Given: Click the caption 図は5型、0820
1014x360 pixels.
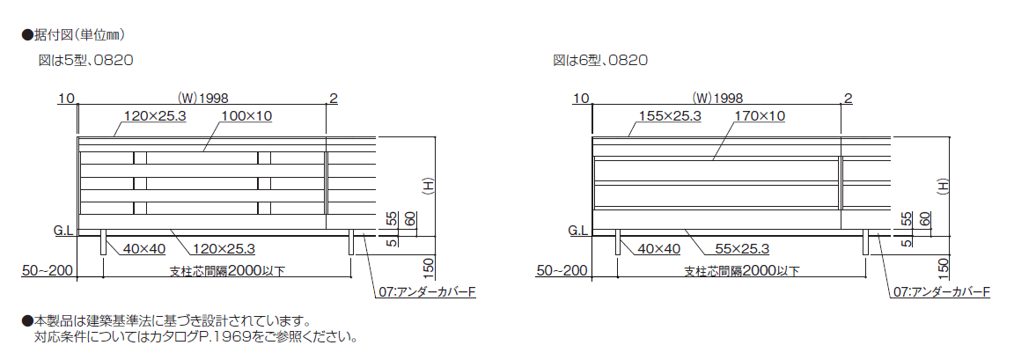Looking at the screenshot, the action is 86,61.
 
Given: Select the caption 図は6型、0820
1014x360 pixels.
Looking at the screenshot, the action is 600,61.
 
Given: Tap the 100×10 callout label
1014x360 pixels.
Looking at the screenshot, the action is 246,116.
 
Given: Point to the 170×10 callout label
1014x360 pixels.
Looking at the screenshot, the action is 760,116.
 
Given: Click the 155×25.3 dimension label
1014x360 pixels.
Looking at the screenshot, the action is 670,116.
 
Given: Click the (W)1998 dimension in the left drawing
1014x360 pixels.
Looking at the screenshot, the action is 202,99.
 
